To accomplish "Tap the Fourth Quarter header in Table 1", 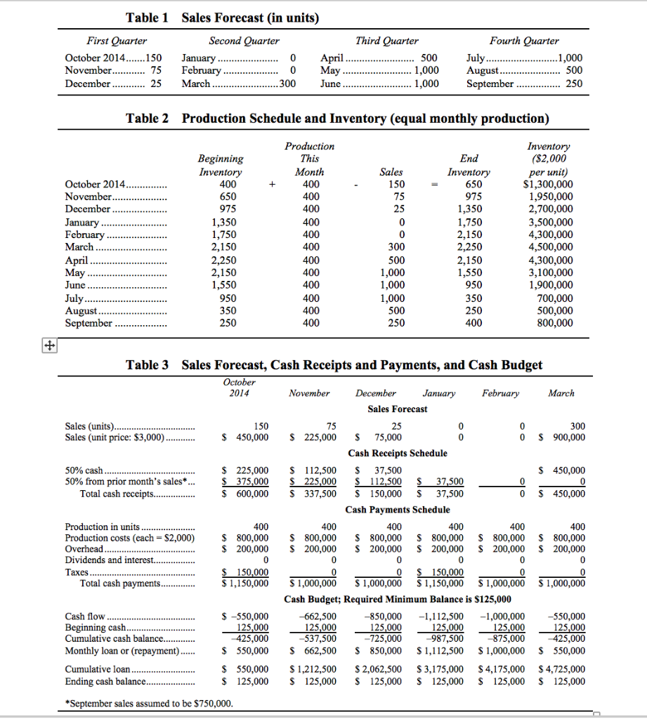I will pyautogui.click(x=524, y=41).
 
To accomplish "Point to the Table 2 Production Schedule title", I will pyautogui.click(x=337, y=118).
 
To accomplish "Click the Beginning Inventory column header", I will pyautogui.click(x=221, y=165).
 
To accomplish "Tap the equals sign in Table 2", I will pyautogui.click(x=434, y=185).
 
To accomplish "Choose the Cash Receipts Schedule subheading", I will pyautogui.click(x=398, y=453).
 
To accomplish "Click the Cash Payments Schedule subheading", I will pyautogui.click(x=398, y=509).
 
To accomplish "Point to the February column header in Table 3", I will pyautogui.click(x=500, y=393).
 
